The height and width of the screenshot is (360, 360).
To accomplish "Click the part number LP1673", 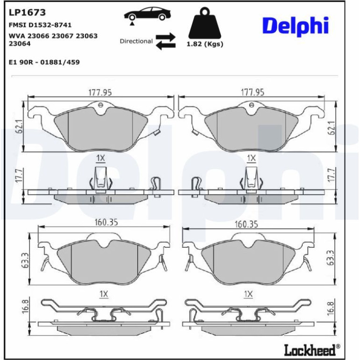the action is tap(27, 13).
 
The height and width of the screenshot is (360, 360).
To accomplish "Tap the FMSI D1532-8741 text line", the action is tap(40, 25).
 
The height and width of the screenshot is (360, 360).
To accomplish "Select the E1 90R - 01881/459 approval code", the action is tap(44, 62).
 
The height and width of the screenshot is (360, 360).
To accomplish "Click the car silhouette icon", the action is tap(147, 14).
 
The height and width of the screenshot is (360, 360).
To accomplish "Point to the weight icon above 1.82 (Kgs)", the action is tap(205, 23).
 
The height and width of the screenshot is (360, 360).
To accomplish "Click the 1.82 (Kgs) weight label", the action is tap(205, 44).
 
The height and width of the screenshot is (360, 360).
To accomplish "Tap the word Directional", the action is tap(136, 41).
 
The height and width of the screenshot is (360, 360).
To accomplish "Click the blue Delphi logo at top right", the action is tap(295, 26).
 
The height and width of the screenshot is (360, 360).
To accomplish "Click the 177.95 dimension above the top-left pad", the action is tap(100, 92).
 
